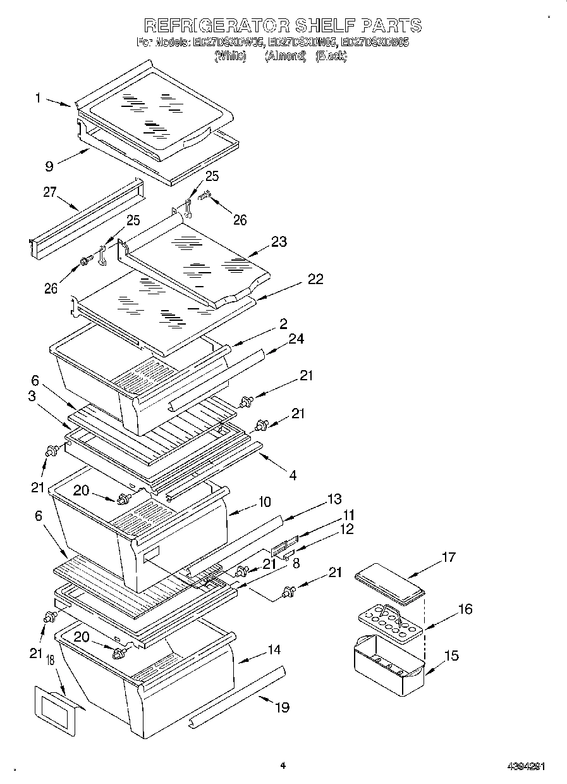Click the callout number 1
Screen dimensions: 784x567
point(38,98)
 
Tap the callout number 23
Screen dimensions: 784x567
point(279,241)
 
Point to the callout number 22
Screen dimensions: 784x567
point(315,279)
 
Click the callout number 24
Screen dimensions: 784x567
point(296,339)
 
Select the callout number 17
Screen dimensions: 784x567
point(448,557)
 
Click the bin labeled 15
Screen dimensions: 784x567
point(387,667)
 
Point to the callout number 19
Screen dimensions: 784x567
point(282,707)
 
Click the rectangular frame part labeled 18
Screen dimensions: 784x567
point(56,711)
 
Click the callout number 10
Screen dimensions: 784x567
point(264,502)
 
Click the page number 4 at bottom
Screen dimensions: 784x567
point(283,766)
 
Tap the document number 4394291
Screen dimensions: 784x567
point(526,766)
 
